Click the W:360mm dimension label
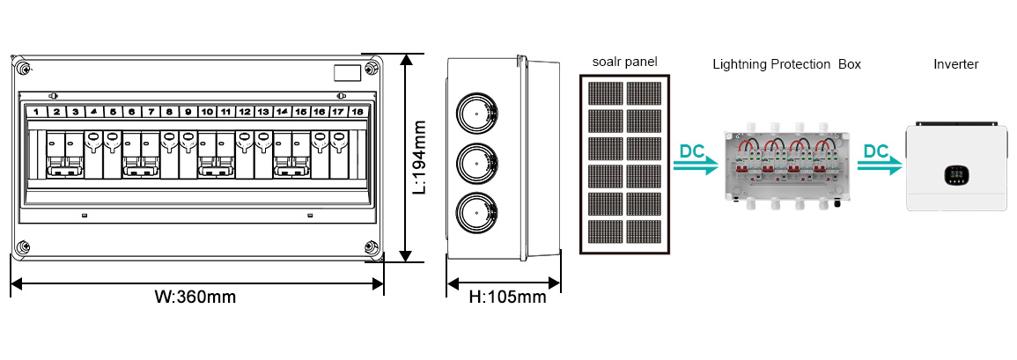[x=195, y=298]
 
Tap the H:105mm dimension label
[x=507, y=298]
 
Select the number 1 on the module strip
[x=36, y=112]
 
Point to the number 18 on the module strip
[x=357, y=112]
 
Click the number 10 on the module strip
[x=206, y=112]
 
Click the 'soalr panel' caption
[x=624, y=62]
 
